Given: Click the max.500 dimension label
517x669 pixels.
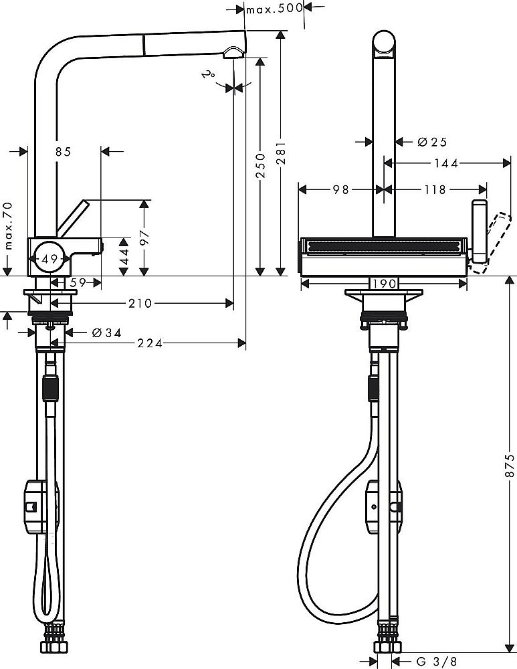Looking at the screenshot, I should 275,9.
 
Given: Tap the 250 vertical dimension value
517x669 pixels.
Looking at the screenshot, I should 260,165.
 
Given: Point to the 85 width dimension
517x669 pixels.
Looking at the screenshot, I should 63,152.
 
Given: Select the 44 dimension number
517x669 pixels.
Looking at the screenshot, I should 124,257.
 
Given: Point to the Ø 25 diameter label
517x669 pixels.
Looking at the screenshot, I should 431,142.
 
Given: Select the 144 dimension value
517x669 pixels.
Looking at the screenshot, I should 447,163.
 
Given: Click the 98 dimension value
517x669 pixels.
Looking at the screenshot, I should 341,190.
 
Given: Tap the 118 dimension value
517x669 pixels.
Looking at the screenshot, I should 435,190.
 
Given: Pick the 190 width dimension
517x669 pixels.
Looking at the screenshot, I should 384,284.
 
